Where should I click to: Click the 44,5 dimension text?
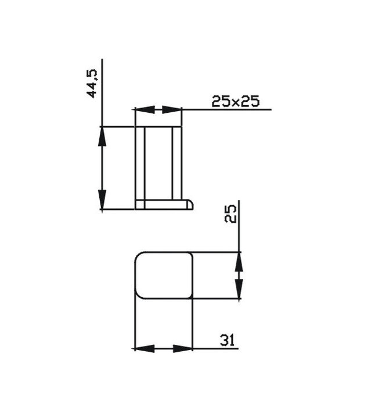(92, 83)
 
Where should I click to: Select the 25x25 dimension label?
(235, 102)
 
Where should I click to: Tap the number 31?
(227, 339)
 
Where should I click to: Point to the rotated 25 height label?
(230, 215)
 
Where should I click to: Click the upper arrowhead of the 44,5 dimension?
(102, 136)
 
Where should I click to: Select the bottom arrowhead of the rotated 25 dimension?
(238, 291)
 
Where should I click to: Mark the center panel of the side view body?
(159, 162)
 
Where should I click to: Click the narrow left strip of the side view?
(140, 162)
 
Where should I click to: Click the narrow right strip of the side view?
(177, 162)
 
